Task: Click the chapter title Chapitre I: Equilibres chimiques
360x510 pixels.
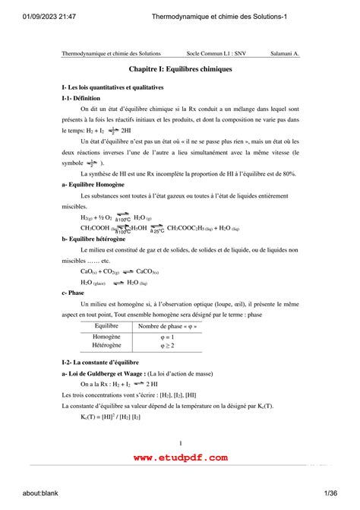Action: pyautogui.click(x=180, y=69)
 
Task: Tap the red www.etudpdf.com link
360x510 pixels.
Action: pyautogui.click(x=180, y=458)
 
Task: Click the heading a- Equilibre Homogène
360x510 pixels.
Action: pyautogui.click(x=93, y=185)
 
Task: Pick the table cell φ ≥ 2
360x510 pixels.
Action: pyautogui.click(x=167, y=345)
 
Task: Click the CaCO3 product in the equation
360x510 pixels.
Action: pyautogui.click(x=147, y=271)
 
